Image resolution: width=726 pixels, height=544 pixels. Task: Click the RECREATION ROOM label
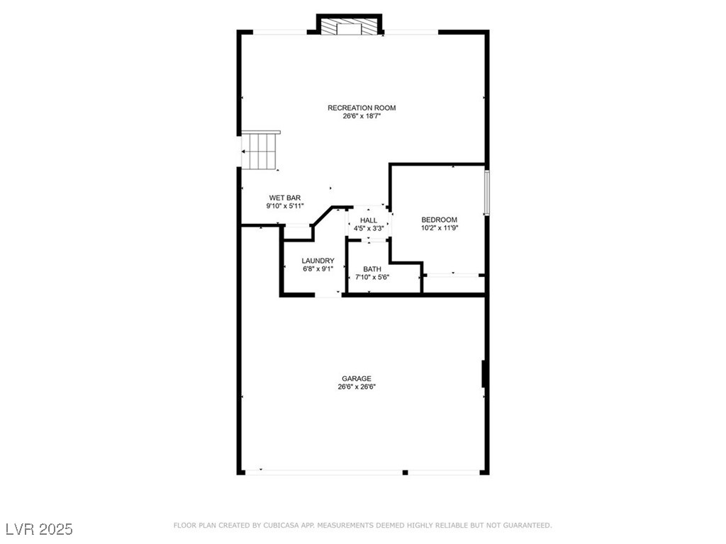[x=362, y=108]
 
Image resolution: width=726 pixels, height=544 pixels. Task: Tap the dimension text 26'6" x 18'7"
[x=362, y=116]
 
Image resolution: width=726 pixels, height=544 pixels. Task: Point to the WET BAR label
[x=285, y=198]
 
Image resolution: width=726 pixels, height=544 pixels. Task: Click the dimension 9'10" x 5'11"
[x=285, y=206]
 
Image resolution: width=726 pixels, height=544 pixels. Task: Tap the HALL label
[x=369, y=220]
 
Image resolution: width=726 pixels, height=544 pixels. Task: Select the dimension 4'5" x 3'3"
[x=369, y=229]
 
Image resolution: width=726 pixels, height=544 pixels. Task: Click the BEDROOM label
[x=440, y=220]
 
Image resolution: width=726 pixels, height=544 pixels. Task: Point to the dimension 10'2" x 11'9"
[x=440, y=228]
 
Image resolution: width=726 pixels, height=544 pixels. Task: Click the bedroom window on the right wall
[x=486, y=191]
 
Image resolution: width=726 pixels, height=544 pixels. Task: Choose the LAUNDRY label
[x=318, y=261]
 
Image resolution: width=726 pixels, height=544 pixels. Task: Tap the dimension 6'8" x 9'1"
[x=318, y=269]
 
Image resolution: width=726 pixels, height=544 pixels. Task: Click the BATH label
[x=372, y=269]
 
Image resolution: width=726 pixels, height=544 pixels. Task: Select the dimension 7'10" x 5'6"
[x=372, y=278]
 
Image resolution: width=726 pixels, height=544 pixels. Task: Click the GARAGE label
[x=357, y=379]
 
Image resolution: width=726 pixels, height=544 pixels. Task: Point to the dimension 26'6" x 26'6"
[x=357, y=387]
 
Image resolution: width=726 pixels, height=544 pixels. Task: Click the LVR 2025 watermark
[x=39, y=529]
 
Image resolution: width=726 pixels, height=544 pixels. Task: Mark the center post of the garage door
[x=405, y=472]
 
